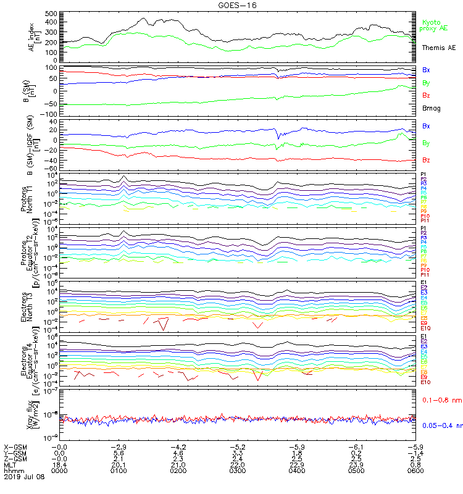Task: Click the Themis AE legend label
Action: pyautogui.click(x=438, y=48)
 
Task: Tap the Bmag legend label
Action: pyautogui.click(x=431, y=108)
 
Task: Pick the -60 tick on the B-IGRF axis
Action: pyautogui.click(x=52, y=168)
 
